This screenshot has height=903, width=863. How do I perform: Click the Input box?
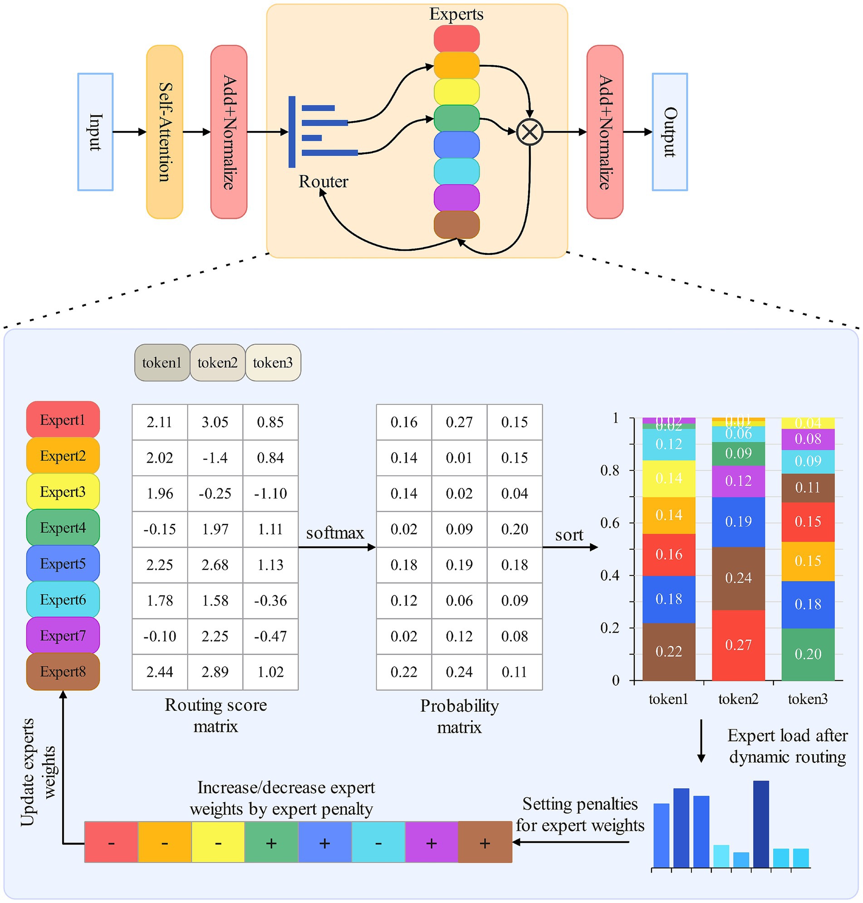[x=95, y=132]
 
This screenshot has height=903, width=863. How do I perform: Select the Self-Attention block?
[x=165, y=132]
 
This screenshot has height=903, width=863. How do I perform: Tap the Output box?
[x=669, y=132]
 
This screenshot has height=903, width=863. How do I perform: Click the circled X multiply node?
[x=530, y=132]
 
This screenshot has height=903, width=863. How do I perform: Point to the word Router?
[x=323, y=181]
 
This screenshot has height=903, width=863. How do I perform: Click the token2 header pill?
[x=217, y=363]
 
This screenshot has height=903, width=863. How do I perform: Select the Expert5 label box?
[x=63, y=564]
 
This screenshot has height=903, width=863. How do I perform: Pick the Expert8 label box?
[x=63, y=672]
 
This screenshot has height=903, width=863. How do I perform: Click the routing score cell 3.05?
[x=215, y=422]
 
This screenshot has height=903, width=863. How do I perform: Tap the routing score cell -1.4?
[x=215, y=458]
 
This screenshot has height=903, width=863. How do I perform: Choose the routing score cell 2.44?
[x=160, y=672]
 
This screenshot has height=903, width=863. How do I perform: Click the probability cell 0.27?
[x=459, y=422]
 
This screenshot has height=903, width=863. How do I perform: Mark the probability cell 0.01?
[x=459, y=458]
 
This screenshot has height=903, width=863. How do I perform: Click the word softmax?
[x=335, y=533]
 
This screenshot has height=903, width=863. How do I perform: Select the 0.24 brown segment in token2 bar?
[x=738, y=578]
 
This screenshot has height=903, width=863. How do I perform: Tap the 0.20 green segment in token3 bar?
[x=807, y=654]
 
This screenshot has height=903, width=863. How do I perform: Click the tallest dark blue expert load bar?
[x=761, y=824]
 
